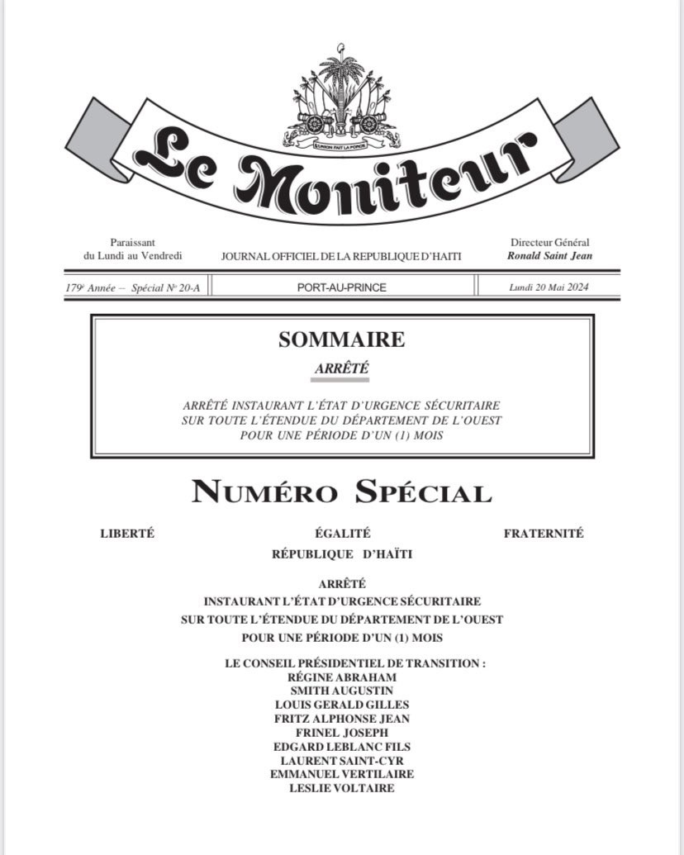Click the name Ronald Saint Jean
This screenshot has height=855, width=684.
point(550,256)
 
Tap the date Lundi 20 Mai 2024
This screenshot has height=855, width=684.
point(549,287)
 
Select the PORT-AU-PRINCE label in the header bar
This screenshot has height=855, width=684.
point(341,287)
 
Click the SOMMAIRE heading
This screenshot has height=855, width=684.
point(341,339)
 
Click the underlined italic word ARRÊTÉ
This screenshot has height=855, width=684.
point(341,369)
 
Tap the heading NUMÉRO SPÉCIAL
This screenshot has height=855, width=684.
point(341,492)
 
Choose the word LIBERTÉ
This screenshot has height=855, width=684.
point(127,534)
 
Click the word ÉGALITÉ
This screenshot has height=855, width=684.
point(342,534)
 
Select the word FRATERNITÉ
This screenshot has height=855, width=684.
point(544,534)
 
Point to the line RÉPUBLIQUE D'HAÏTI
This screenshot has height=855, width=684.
point(342,554)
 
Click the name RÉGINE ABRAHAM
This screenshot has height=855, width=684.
point(342,677)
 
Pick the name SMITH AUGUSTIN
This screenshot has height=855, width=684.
point(342,691)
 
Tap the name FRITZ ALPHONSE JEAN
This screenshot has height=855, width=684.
point(342,719)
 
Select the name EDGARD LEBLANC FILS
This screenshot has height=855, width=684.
point(342,747)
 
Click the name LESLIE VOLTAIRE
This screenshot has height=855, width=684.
point(342,788)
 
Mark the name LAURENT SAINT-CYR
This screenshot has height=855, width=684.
point(342,760)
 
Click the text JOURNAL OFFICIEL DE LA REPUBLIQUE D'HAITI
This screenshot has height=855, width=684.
point(341,257)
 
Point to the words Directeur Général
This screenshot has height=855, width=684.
point(550,243)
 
